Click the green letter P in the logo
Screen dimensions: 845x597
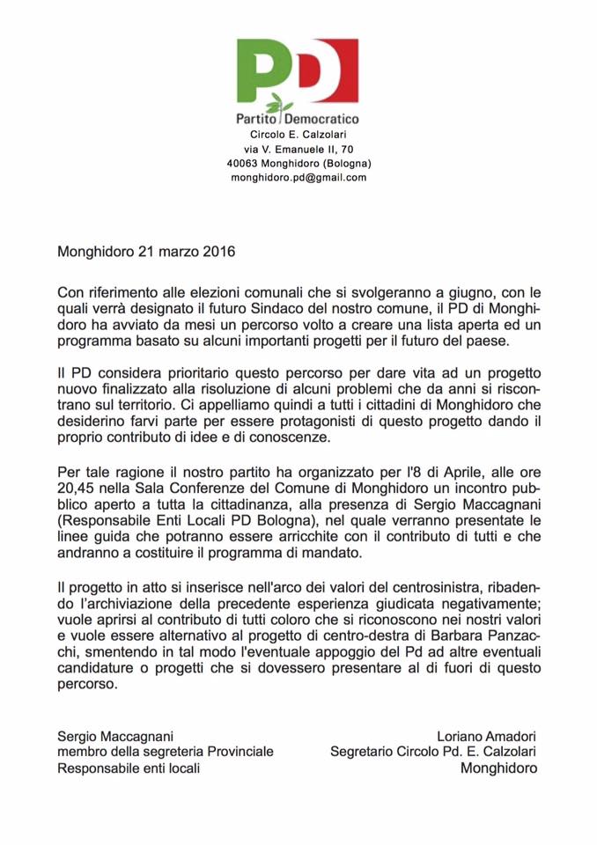262,70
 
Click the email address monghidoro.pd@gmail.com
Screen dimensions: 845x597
298,177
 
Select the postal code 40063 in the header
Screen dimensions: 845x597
242,163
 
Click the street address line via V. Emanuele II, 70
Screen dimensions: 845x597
298,150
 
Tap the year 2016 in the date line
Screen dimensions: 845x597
218,252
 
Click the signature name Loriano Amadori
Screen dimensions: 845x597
486,736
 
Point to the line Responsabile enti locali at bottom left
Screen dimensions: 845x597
129,768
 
